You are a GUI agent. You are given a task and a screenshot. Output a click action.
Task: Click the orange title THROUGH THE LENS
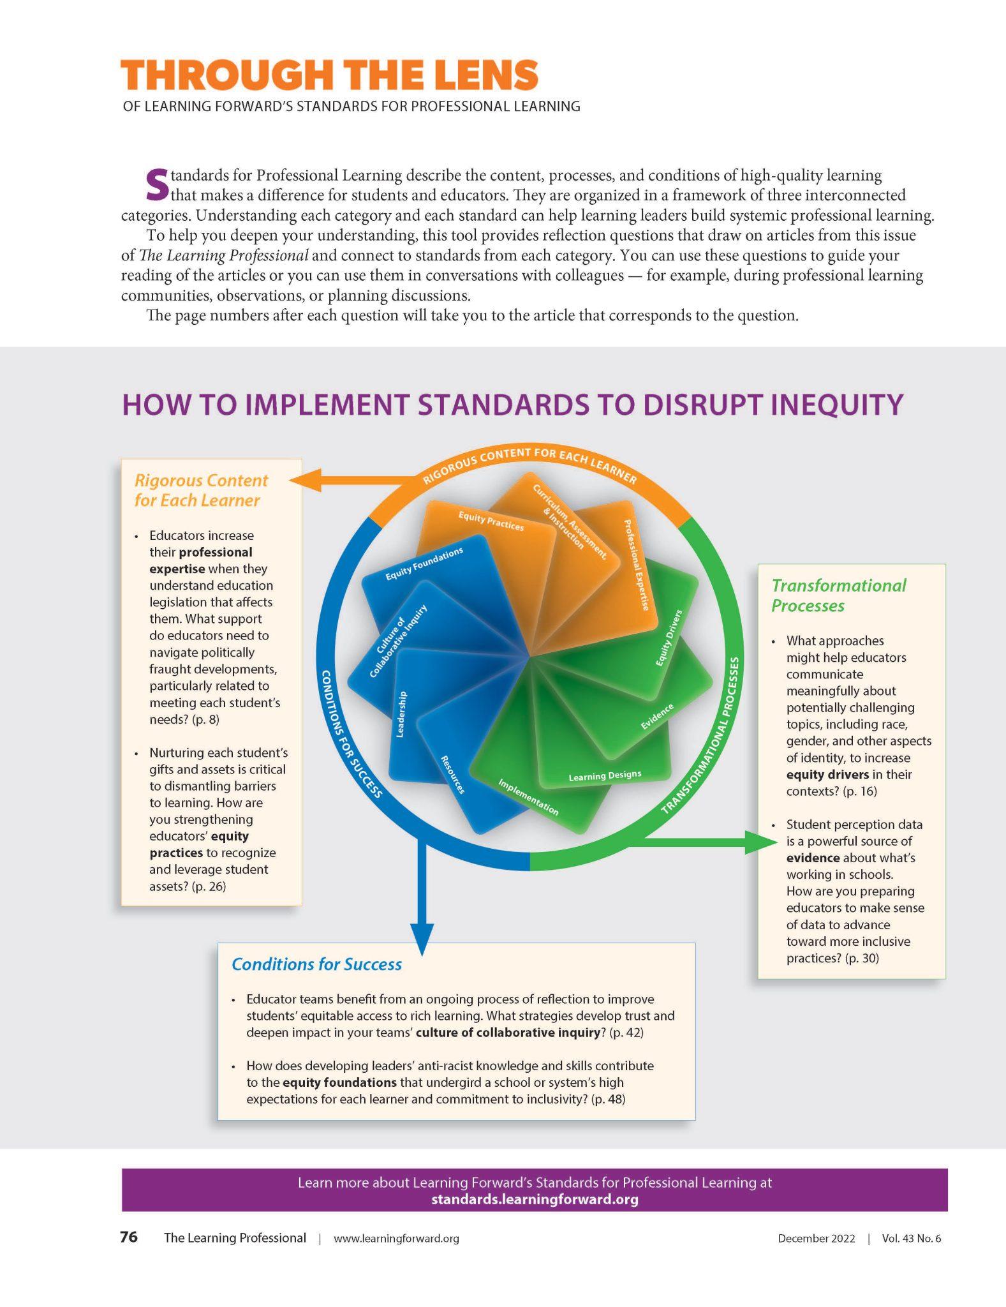pyautogui.click(x=329, y=75)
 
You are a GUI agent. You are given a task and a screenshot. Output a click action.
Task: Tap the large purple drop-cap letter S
pyautogui.click(x=157, y=183)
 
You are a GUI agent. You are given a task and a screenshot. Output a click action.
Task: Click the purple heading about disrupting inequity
pyautogui.click(x=512, y=405)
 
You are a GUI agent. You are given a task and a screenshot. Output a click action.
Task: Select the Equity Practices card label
pyautogui.click(x=491, y=521)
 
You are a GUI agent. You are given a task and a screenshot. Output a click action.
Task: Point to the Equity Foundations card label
pyautogui.click(x=424, y=564)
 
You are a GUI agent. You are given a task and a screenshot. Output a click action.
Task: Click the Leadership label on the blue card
pyautogui.click(x=401, y=714)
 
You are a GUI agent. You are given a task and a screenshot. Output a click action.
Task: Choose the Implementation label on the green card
pyautogui.click(x=528, y=797)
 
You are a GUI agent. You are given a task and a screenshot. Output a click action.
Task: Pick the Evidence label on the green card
pyautogui.click(x=657, y=717)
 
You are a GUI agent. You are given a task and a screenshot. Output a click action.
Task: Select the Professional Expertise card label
pyautogui.click(x=636, y=565)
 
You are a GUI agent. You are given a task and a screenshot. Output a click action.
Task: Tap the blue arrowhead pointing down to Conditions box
pyautogui.click(x=421, y=939)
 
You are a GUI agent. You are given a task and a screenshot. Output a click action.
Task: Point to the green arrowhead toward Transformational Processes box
pyautogui.click(x=763, y=842)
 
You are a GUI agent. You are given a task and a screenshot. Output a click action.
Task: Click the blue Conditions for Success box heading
pyautogui.click(x=316, y=964)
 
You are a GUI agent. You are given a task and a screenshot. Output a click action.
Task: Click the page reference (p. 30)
pyautogui.click(x=861, y=958)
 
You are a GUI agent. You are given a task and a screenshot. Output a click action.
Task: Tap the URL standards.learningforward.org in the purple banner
pyautogui.click(x=535, y=1199)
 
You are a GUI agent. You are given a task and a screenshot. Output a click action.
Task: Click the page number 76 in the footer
pyautogui.click(x=129, y=1237)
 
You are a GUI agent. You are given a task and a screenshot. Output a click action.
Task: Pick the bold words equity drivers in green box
pyautogui.click(x=827, y=774)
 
